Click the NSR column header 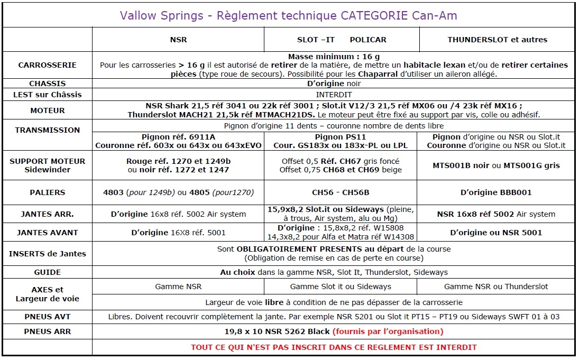coord(178,40)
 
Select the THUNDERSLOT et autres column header coord(497,40)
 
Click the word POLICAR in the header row coord(368,40)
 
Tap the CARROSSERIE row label coord(47,65)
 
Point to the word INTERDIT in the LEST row coord(333,95)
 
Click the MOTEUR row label coord(47,110)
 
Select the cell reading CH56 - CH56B coord(341,193)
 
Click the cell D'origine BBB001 coord(496,193)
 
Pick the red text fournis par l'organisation coord(388,331)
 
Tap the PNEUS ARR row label coord(47,331)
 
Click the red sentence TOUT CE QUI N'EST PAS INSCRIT coord(333,347)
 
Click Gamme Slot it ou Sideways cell coord(341,287)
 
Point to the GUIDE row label coord(47,272)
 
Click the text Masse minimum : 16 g coord(333,57)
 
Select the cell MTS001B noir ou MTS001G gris coord(496,165)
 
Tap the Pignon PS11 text coord(341,137)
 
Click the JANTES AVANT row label coord(47,233)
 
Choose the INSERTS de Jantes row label coord(47,254)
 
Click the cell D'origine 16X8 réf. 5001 coord(178,233)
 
